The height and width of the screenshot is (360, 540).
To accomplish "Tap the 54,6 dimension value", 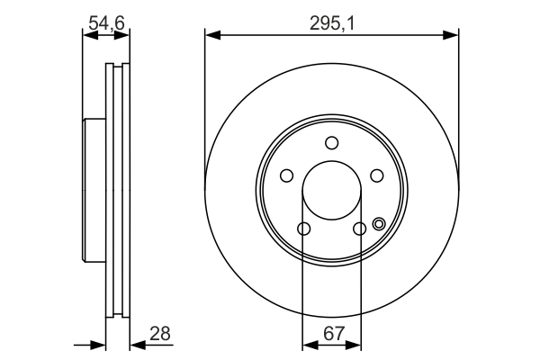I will tap(105, 24).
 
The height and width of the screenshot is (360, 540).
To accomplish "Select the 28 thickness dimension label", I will tap(160, 334).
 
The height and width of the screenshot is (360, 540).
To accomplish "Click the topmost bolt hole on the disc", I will tap(331, 142).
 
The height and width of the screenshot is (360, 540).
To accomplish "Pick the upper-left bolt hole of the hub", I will tap(286, 175).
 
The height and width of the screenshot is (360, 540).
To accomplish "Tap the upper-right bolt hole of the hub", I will tap(377, 175).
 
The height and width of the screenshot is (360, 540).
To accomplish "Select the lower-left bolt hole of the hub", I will tap(303, 229).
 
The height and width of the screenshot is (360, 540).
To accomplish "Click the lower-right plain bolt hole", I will tap(359, 229).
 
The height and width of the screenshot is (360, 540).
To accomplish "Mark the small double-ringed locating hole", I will tap(378, 225).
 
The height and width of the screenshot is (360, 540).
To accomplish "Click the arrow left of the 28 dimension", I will tap(100, 345).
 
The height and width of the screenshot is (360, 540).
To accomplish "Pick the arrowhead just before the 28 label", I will tap(136, 345).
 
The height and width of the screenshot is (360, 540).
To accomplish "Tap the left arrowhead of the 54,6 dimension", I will tap(88, 36).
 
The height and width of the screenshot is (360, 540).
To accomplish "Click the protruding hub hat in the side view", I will tap(94, 190).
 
